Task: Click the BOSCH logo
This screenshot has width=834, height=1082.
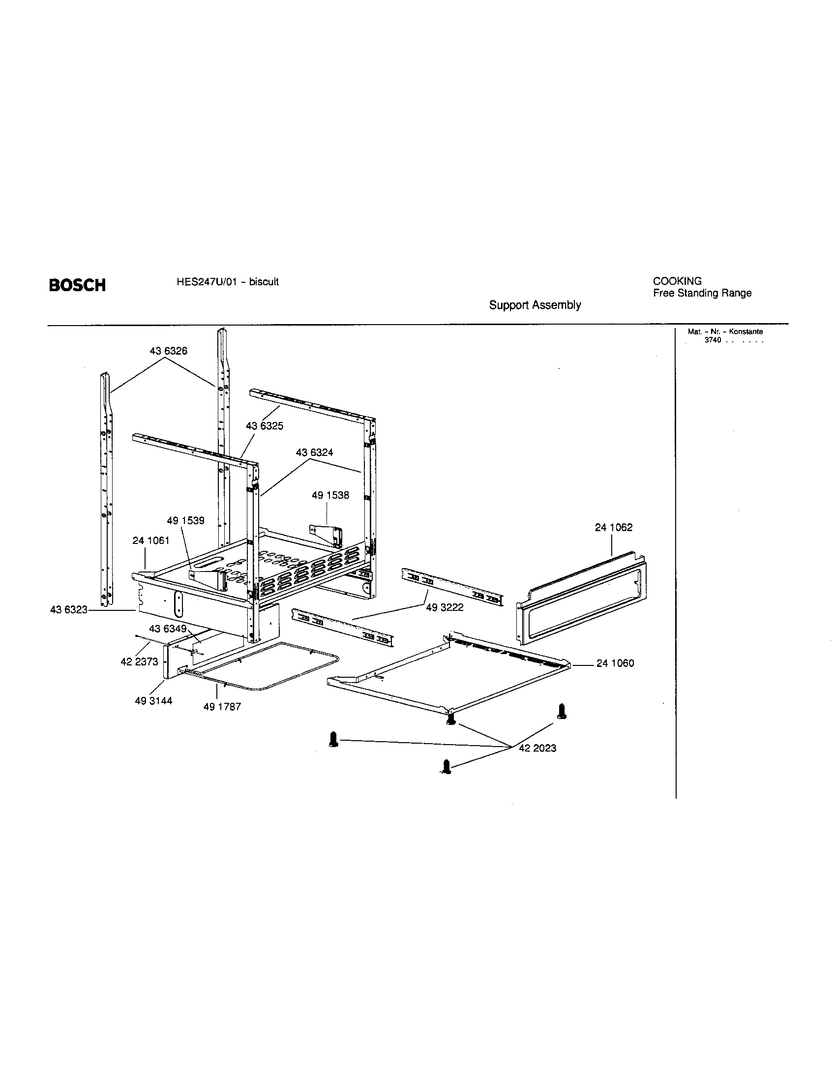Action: pyautogui.click(x=77, y=285)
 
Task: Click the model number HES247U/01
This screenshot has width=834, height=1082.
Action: pyautogui.click(x=205, y=282)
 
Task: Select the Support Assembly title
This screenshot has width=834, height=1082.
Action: pyautogui.click(x=535, y=305)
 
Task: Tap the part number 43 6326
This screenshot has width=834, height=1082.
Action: pyautogui.click(x=168, y=351)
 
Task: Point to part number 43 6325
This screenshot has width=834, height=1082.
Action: pyautogui.click(x=265, y=426)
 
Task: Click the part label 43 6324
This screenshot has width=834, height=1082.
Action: pyautogui.click(x=315, y=452)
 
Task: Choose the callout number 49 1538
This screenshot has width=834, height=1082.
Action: pyautogui.click(x=330, y=495)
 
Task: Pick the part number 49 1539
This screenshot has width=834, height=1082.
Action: pyautogui.click(x=185, y=521)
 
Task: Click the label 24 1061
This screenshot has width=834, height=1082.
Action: pyautogui.click(x=150, y=541)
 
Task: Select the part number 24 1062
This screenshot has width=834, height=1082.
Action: pyautogui.click(x=614, y=528)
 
